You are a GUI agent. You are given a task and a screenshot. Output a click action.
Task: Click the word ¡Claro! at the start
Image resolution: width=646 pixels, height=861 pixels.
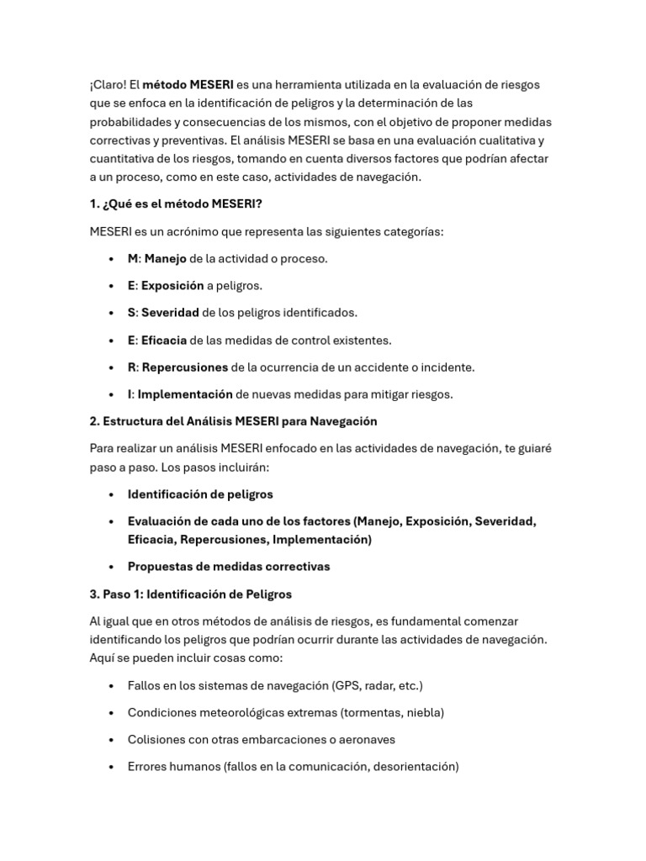108,85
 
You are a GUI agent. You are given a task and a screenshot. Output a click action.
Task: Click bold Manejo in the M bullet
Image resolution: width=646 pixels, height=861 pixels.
165,258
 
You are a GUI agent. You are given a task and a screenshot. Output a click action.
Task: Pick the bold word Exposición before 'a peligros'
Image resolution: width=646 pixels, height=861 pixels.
172,286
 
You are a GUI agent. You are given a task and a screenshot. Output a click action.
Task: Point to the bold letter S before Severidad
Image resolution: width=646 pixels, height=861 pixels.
131,313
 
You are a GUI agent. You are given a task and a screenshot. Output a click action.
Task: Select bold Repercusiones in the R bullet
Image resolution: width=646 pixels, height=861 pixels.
184,367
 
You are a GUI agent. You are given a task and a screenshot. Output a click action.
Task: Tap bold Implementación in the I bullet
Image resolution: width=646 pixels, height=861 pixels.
184,394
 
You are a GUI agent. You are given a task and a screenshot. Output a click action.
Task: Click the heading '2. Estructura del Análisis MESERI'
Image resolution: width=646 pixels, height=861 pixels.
233,421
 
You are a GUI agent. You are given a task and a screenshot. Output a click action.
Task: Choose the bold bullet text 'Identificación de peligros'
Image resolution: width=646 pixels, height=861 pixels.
200,494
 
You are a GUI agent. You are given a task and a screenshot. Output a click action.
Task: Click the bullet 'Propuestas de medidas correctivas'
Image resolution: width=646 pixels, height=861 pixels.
229,567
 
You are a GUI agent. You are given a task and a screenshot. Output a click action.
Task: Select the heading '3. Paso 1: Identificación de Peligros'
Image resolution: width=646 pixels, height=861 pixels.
191,594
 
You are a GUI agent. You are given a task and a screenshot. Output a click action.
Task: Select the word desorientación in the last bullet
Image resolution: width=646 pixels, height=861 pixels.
414,767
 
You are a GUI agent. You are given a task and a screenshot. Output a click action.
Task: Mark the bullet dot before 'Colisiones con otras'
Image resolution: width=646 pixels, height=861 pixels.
112,741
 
